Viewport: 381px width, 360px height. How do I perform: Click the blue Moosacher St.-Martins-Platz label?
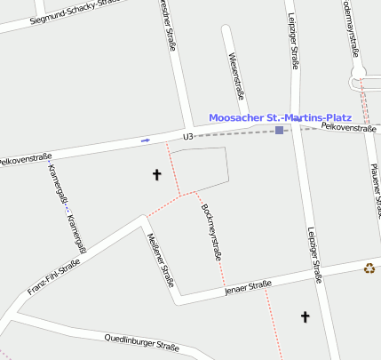280,117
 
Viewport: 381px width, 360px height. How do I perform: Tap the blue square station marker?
279,131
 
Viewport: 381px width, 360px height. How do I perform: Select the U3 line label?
187,136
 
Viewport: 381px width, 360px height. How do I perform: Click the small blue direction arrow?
146,140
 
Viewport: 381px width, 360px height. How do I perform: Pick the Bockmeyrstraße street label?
211,231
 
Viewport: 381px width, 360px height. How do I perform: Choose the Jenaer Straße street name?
248,286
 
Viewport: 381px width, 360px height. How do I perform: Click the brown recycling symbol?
369,268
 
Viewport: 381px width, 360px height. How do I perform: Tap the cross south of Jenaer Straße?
306,316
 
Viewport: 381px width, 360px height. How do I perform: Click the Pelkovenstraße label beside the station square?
348,128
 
